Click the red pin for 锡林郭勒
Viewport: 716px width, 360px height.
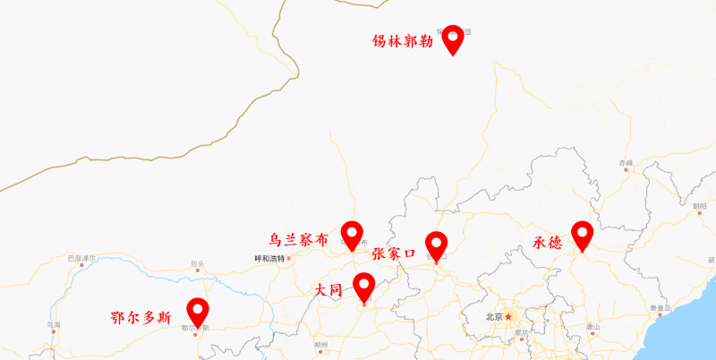[453, 38]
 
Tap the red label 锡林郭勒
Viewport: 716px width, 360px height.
[403, 41]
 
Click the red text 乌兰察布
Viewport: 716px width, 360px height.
[299, 240]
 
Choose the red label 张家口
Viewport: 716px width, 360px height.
[394, 254]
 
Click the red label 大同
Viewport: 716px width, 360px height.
[328, 290]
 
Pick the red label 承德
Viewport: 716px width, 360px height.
[547, 243]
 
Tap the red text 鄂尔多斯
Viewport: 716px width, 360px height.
[140, 318]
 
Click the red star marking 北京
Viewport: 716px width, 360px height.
[508, 316]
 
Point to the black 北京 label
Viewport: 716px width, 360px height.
[493, 317]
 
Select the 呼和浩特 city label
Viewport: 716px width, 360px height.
[269, 259]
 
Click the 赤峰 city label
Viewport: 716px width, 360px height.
[625, 162]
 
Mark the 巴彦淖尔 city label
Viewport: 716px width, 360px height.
[81, 258]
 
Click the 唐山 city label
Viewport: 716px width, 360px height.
[592, 327]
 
